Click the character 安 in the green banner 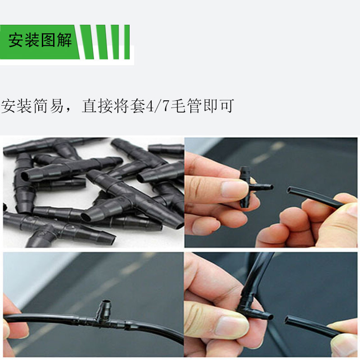click(x=16, y=41)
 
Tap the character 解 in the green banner click(x=64, y=41)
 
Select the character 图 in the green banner click(x=49, y=41)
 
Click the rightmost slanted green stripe click(x=126, y=42)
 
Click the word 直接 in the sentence click(x=97, y=106)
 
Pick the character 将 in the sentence click(x=121, y=106)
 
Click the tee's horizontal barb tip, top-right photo click(x=270, y=186)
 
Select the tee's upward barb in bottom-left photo click(x=104, y=306)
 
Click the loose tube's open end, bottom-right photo click(x=288, y=320)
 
